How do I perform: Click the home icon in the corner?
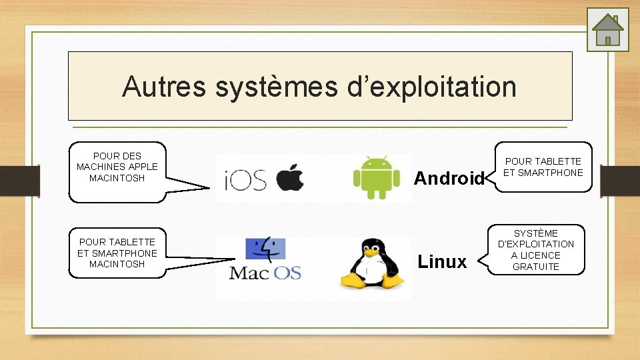click(608, 30)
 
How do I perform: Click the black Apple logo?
click(290, 177)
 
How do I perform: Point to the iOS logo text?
click(245, 179)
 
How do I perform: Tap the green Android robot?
click(375, 178)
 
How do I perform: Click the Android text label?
click(449, 179)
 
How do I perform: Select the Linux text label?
click(442, 262)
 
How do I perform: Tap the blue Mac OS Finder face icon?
click(265, 249)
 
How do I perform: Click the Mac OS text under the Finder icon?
click(265, 272)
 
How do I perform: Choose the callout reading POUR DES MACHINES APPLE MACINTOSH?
click(117, 167)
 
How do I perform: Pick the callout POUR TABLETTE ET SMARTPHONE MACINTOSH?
click(117, 253)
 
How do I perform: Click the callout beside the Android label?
click(543, 167)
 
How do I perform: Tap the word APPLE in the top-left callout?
click(143, 167)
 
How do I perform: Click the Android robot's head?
click(375, 163)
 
